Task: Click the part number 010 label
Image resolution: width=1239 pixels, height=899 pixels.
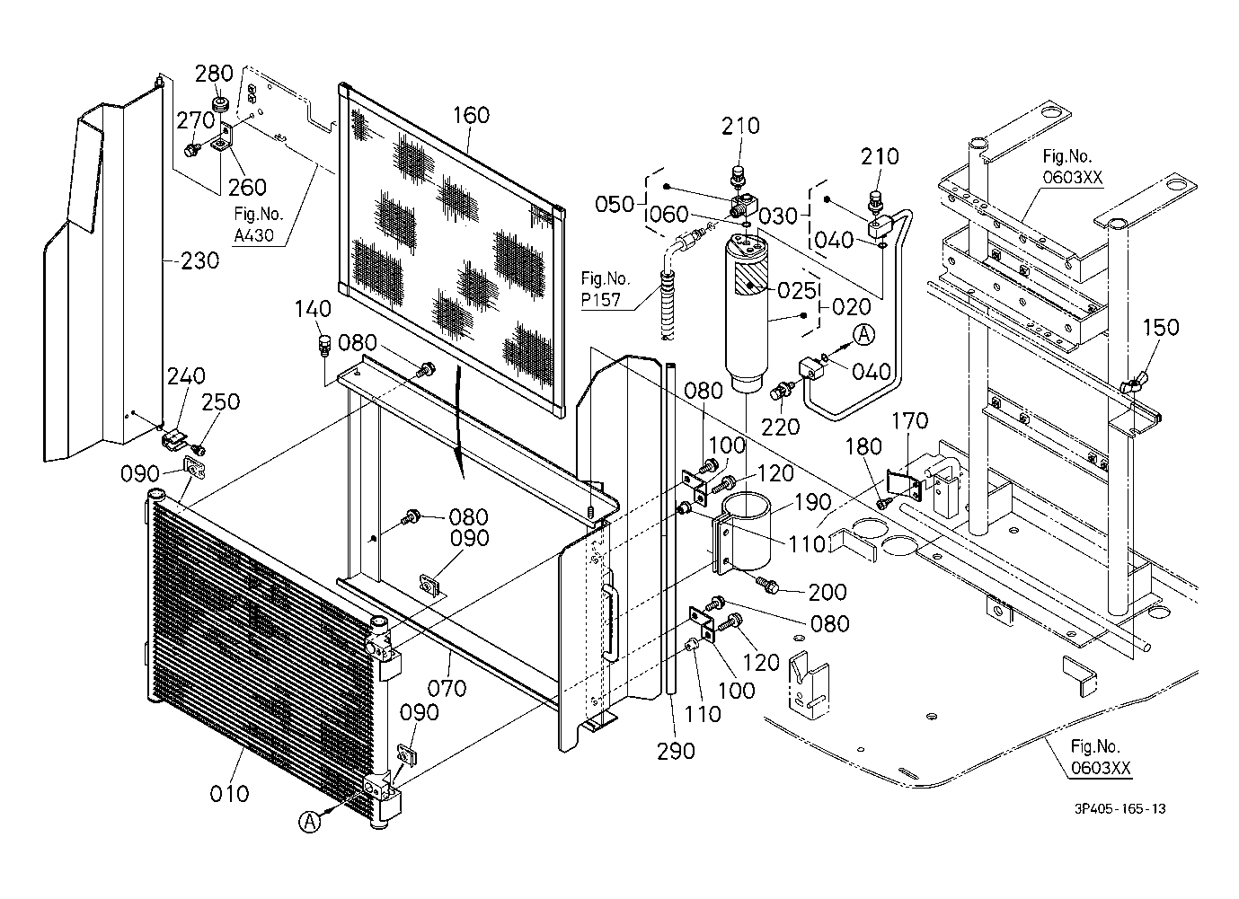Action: pos(229,794)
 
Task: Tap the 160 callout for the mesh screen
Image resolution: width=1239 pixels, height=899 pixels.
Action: pos(471,115)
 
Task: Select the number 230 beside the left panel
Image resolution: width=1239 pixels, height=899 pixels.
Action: pos(199,260)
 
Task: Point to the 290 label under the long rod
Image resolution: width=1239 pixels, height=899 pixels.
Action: pos(676,750)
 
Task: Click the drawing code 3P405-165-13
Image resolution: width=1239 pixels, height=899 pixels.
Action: pos(1120,808)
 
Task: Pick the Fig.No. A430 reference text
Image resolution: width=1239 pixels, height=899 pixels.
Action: pos(259,225)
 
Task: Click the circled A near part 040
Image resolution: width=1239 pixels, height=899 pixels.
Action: pos(863,335)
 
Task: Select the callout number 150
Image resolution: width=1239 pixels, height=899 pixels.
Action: pos(1160,327)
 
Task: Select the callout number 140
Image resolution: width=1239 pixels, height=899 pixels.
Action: pos(313,309)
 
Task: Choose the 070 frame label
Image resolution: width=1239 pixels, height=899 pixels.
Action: pos(447,688)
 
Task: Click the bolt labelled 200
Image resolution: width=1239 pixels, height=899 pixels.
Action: pos(769,585)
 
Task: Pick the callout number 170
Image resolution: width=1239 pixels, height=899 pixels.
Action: pos(911,420)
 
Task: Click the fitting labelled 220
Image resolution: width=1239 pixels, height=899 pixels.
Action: pos(782,391)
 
